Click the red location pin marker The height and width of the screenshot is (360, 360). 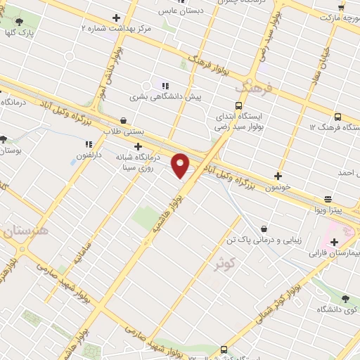[x=181, y=165]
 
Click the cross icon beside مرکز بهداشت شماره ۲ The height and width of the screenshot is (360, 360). [x=116, y=17]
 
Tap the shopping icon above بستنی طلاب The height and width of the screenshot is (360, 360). [x=124, y=120]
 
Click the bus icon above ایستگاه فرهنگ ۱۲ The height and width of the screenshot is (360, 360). [x=337, y=117]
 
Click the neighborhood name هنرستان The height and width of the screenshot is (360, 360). [x=27, y=231]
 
